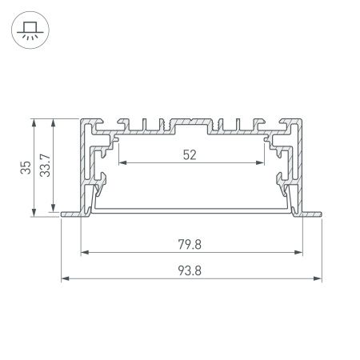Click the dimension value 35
pyautogui.click(x=26, y=167)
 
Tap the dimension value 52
pyautogui.click(x=190, y=155)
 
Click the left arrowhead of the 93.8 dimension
pyautogui.click(x=65, y=279)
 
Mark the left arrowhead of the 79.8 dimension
pyautogui.click(x=84, y=254)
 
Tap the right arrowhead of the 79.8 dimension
pyautogui.click(x=304, y=254)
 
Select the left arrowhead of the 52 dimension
pyautogui.click(x=122, y=163)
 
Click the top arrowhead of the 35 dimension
pyautogui.click(x=34, y=122)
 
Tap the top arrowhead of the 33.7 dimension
pyautogui.click(x=54, y=122)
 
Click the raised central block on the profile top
pyautogui.click(x=191, y=125)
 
